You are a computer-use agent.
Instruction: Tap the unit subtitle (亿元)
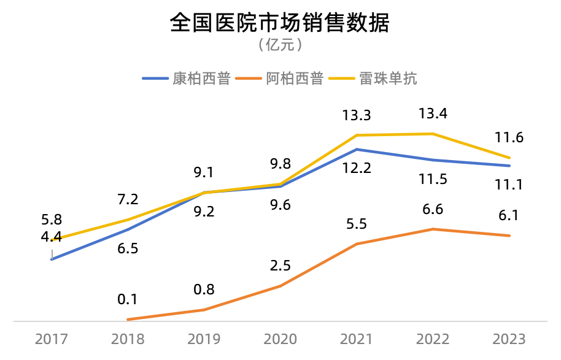point(280,45)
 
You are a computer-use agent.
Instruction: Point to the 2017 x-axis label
point(52,339)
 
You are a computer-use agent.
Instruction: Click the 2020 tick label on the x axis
point(280,339)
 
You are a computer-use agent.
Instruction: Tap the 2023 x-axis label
point(509,339)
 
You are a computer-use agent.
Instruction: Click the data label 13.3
point(357,115)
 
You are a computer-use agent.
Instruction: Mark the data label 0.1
point(128,299)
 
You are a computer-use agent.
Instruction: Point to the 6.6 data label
point(433,209)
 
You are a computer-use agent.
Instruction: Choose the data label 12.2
point(357,167)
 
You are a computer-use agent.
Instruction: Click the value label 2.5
point(280,266)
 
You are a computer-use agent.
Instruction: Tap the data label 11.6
point(509,137)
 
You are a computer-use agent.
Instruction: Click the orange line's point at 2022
point(433,229)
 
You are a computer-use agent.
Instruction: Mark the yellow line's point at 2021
point(357,135)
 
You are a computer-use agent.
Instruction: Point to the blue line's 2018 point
point(128,229)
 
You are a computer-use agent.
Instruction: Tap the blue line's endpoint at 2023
point(509,166)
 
